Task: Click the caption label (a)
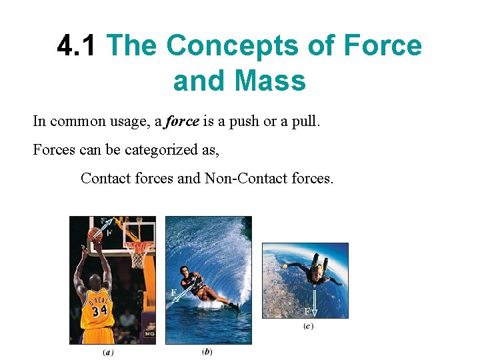(108, 353)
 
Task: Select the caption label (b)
(207, 351)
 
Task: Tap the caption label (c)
(307, 326)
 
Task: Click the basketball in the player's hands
(95, 234)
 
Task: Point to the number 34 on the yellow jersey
(100, 310)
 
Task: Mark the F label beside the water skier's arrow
(173, 292)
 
